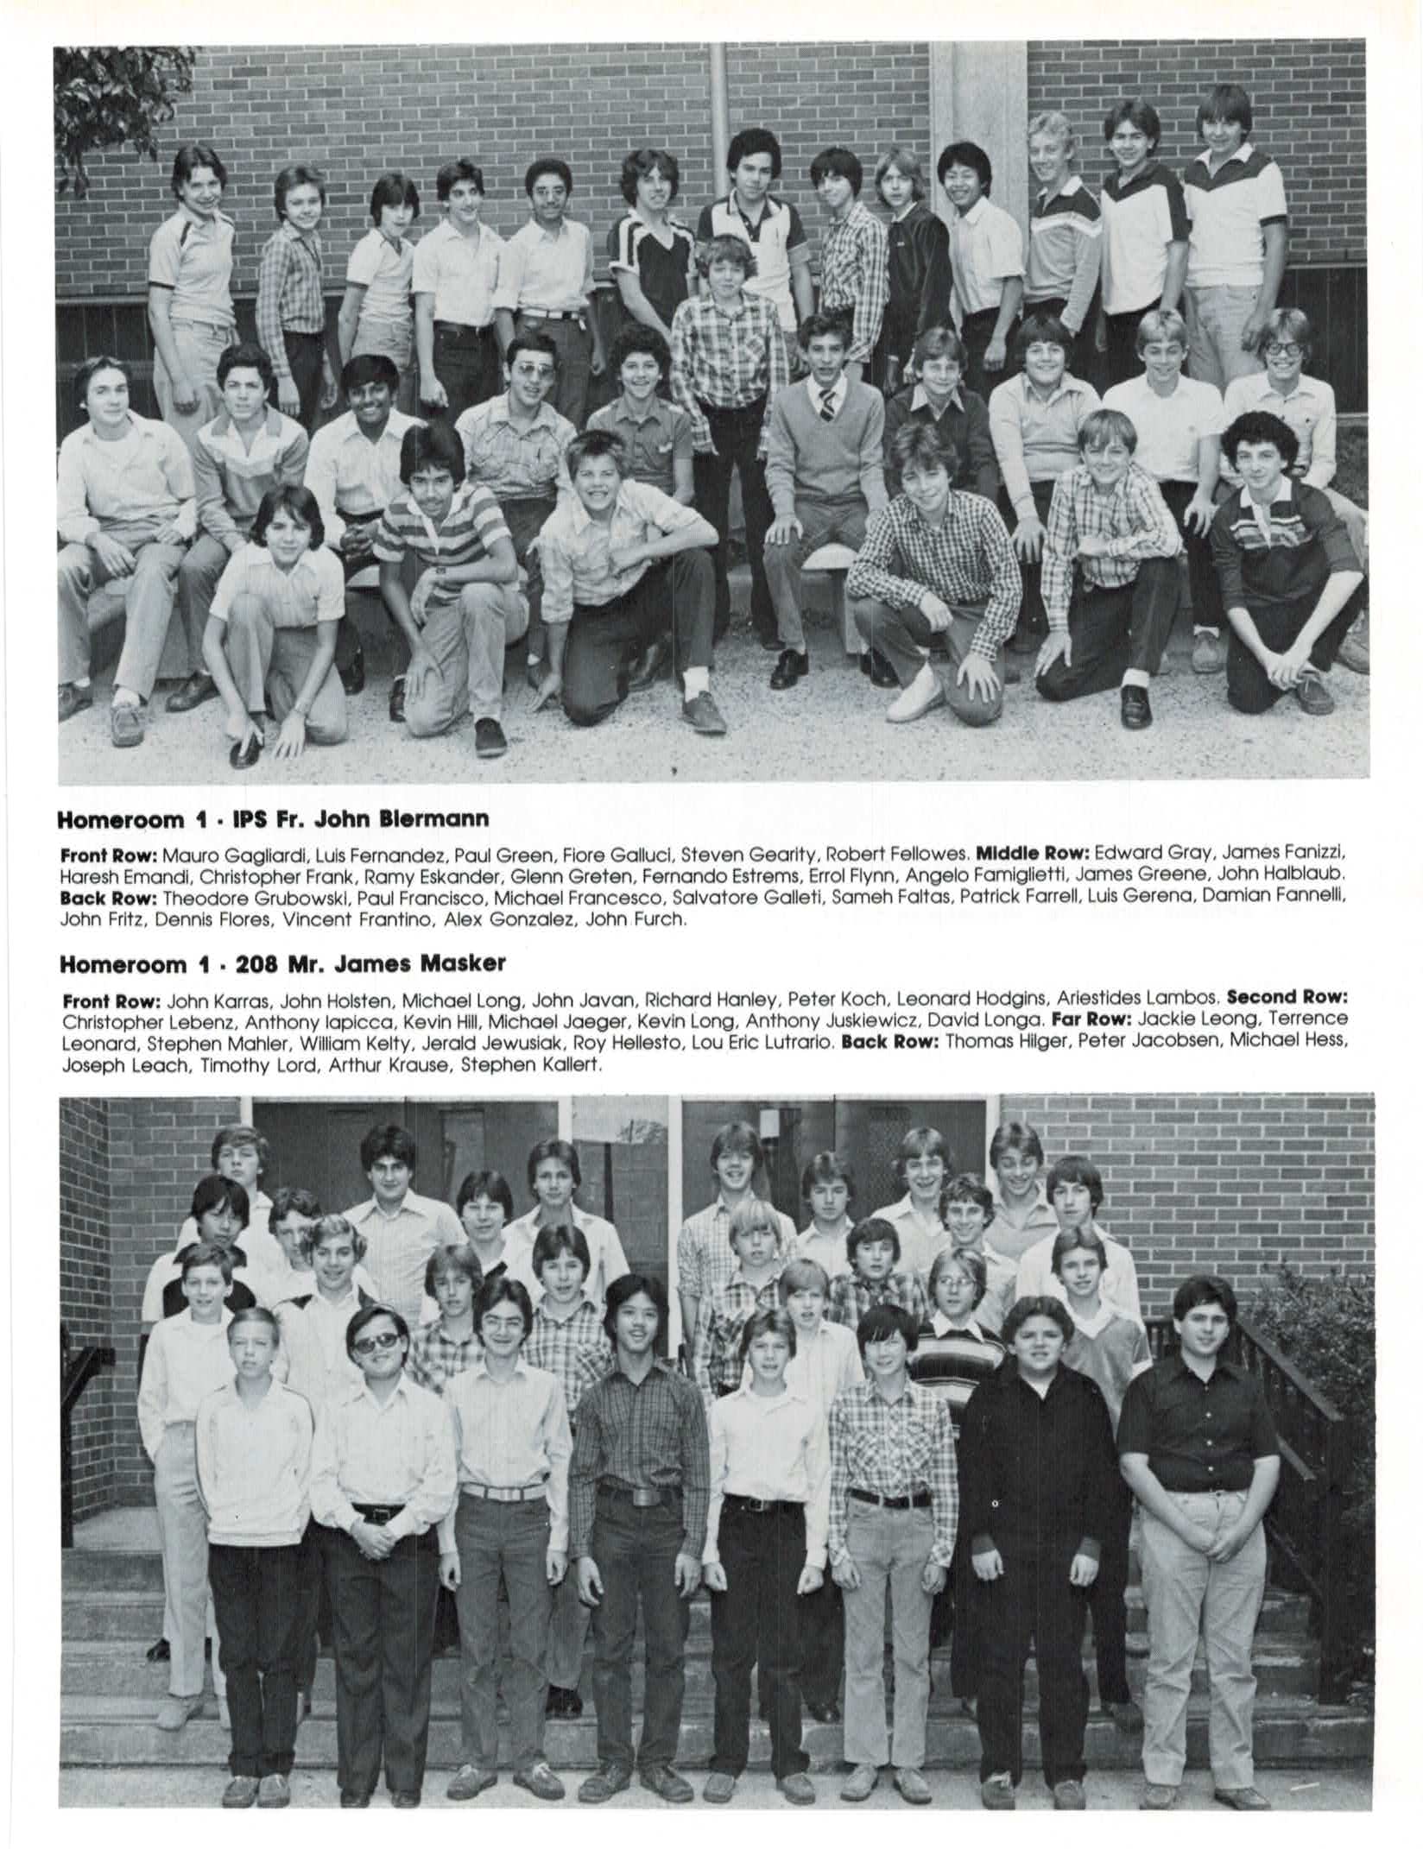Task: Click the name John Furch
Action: pos(636,919)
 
